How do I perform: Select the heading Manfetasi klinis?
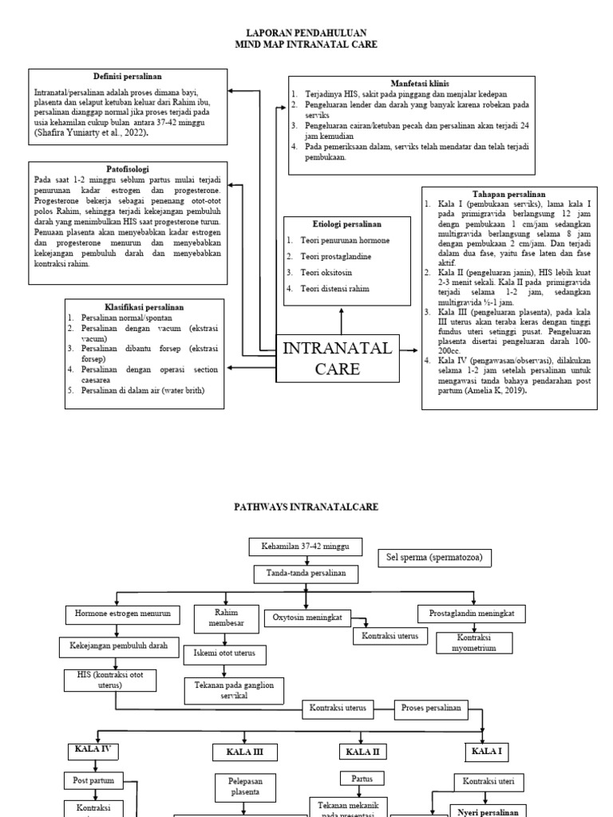(x=419, y=83)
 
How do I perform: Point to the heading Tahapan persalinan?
(x=509, y=194)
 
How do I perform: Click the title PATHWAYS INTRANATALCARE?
(x=306, y=507)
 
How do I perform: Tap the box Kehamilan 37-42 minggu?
(x=306, y=547)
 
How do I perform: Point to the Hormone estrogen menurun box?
(x=117, y=614)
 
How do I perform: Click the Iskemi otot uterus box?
(x=224, y=654)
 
